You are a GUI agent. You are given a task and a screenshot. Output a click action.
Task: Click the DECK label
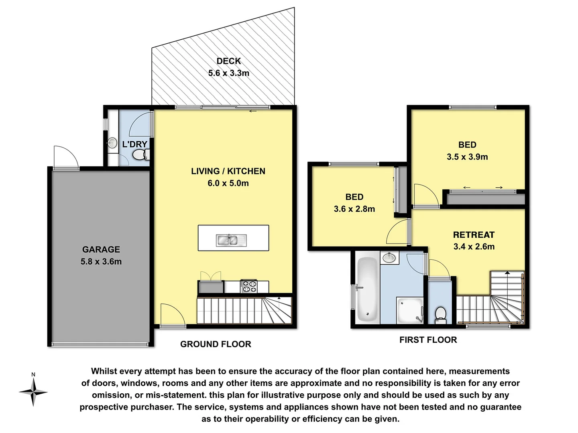tap(228, 61)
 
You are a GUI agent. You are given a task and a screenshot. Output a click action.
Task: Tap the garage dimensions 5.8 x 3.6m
tap(101, 261)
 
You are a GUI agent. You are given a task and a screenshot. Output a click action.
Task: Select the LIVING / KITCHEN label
tap(228, 171)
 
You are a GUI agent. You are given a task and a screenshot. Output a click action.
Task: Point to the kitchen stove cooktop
tap(248, 286)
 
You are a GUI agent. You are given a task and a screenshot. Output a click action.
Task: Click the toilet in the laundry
tap(140, 155)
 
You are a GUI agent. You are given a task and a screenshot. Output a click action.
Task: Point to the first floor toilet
tap(440, 314)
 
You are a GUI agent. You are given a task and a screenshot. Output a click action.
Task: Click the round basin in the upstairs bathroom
tap(389, 258)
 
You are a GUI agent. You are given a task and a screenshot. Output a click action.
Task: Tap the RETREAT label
tap(474, 235)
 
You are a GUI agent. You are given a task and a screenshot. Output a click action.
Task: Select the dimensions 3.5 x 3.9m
tap(467, 157)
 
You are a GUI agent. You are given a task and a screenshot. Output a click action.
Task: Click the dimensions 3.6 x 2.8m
tap(354, 209)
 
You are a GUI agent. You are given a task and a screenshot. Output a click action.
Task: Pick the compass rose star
tap(33, 392)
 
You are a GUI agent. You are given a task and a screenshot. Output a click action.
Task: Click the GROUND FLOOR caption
tap(216, 344)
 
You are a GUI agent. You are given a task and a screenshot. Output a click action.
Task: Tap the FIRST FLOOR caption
tap(428, 340)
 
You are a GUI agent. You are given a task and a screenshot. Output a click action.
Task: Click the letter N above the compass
tap(33, 374)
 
